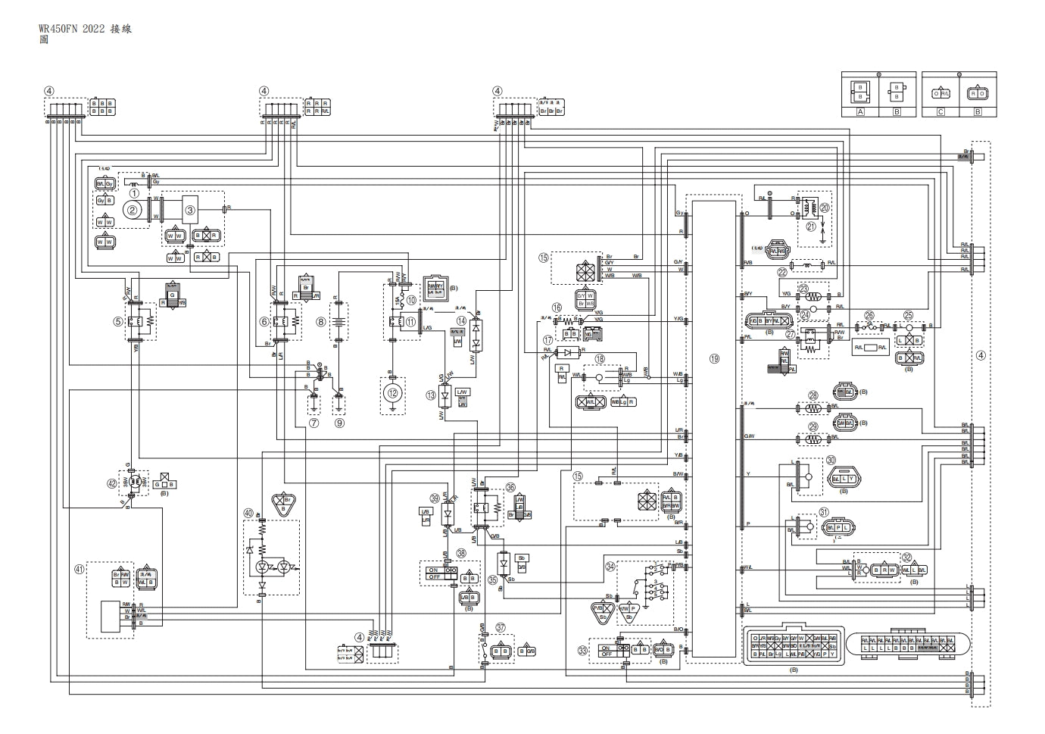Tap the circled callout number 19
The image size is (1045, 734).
713,359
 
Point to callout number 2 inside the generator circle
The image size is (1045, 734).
134,210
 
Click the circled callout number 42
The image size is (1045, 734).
112,483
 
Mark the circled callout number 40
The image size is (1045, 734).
248,513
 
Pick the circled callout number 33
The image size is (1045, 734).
582,649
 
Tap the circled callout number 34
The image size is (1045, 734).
610,565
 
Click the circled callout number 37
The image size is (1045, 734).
501,627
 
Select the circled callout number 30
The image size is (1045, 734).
831,460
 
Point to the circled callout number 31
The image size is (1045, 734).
824,513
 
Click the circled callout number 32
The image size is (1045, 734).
906,558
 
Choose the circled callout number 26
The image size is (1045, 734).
869,316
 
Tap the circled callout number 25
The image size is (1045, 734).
908,316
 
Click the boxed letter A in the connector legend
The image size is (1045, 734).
860,111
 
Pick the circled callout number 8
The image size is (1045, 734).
321,322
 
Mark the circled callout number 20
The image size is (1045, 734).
825,207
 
